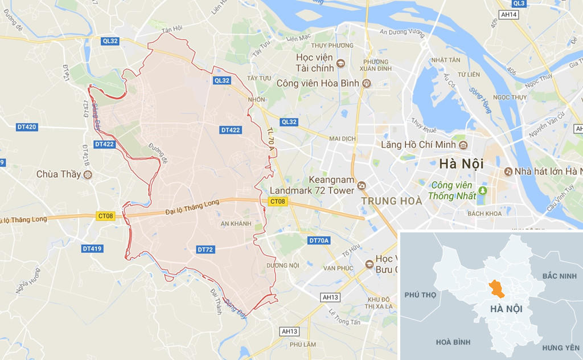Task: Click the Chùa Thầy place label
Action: click(58, 174)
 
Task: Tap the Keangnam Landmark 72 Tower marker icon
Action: click(361, 185)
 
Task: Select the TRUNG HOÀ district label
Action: click(392, 201)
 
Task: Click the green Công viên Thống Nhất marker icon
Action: click(483, 190)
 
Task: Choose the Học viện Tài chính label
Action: click(312, 63)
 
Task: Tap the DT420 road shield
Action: click(27, 126)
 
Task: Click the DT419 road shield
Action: click(92, 248)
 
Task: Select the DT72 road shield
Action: click(205, 249)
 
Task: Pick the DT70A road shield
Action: click(319, 240)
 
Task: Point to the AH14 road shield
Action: click(508, 14)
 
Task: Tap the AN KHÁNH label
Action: click(236, 224)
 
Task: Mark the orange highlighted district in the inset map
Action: click(498, 289)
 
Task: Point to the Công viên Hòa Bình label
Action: click(318, 83)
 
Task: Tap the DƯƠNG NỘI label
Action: click(282, 265)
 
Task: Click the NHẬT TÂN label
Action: click(445, 60)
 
